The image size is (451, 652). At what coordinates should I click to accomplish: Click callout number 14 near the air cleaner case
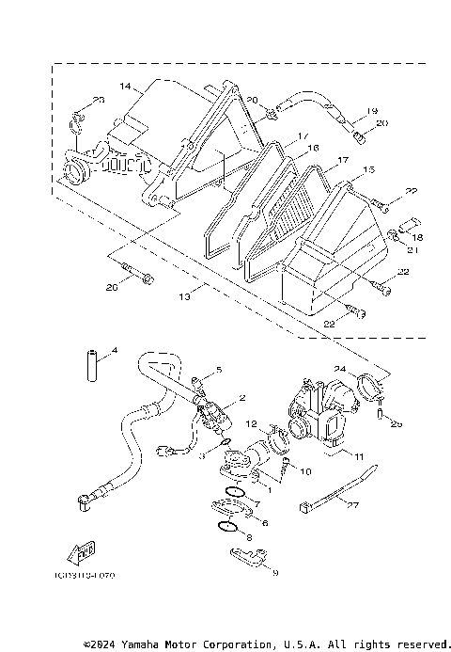point(125,86)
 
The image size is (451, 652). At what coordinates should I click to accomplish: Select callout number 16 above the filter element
point(314,148)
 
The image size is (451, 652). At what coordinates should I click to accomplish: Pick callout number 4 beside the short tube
point(114,351)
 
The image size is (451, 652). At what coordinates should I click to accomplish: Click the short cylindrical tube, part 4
point(92,366)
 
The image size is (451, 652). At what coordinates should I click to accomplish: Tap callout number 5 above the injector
point(218,369)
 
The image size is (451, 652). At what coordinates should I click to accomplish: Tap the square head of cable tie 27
point(305,509)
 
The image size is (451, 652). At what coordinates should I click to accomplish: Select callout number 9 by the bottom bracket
point(275,570)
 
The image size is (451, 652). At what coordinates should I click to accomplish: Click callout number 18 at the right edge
point(419,239)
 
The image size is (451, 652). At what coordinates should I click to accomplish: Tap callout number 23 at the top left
point(99,100)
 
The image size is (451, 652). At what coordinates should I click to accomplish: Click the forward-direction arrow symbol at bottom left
point(83,549)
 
